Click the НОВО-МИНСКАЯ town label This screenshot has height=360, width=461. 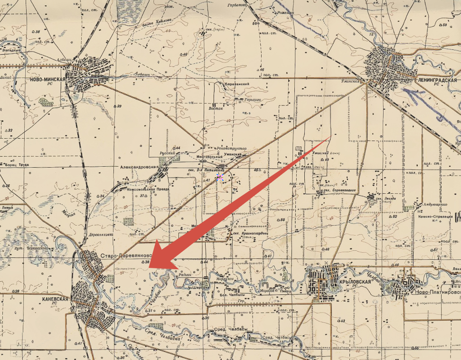47,79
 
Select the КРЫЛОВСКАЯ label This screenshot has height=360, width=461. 355,282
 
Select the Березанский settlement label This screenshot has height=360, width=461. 236,84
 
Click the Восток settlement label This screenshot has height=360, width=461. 216,108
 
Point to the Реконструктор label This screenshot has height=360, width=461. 231,149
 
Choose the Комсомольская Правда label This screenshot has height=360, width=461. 149,190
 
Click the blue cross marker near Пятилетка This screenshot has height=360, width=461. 219,177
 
